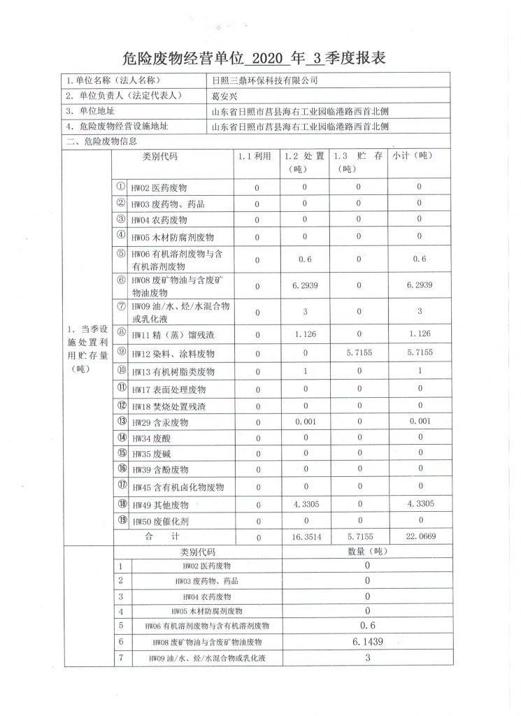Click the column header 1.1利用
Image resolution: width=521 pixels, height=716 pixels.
point(255,157)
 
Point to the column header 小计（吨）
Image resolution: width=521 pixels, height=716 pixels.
point(413,157)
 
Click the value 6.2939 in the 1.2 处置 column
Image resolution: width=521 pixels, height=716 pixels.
point(305,285)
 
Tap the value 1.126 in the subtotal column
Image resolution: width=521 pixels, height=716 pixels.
point(420,335)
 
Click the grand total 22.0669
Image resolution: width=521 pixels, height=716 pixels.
point(420,536)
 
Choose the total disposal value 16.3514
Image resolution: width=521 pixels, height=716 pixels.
point(305,536)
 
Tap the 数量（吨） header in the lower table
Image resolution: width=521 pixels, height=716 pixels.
point(366,552)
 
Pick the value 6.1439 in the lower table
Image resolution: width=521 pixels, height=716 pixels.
point(366,641)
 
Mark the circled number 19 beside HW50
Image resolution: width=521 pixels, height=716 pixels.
point(120,520)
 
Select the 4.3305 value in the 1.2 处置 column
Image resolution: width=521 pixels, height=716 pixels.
point(305,503)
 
